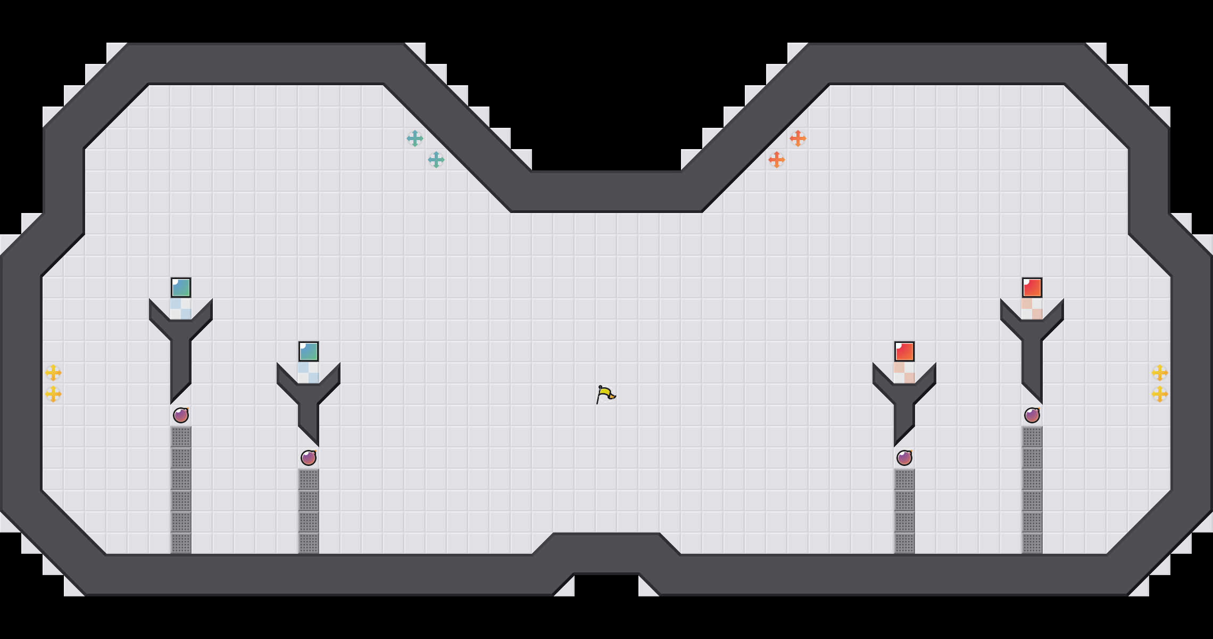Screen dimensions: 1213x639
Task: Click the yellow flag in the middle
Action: click(605, 395)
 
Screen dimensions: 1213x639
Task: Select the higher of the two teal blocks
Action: click(181, 288)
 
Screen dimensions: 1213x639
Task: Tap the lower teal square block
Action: click(309, 351)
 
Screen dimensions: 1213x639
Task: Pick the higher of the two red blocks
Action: click(1032, 288)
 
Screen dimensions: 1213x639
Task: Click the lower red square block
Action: click(904, 351)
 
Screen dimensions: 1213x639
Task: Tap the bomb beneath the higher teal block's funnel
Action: click(181, 415)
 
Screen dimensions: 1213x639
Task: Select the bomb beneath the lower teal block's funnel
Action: click(309, 458)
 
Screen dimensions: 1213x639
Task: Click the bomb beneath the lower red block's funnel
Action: click(904, 458)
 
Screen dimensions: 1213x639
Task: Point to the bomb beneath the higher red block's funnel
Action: click(1032, 415)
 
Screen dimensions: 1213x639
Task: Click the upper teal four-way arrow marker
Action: click(415, 138)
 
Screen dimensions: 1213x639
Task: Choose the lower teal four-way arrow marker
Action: click(436, 160)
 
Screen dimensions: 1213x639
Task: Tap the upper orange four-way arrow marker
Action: click(798, 138)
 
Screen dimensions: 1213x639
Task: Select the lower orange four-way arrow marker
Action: click(777, 160)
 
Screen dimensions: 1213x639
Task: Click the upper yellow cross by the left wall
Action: click(53, 373)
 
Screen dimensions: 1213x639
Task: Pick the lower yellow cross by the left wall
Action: click(53, 394)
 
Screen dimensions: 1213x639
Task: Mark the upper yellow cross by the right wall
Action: click(1160, 373)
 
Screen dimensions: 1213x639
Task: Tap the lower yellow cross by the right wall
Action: click(1160, 394)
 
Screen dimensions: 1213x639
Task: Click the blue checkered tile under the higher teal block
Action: click(181, 309)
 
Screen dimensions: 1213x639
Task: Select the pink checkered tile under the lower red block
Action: click(904, 373)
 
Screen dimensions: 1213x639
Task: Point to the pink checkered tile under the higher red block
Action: click(1032, 309)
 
